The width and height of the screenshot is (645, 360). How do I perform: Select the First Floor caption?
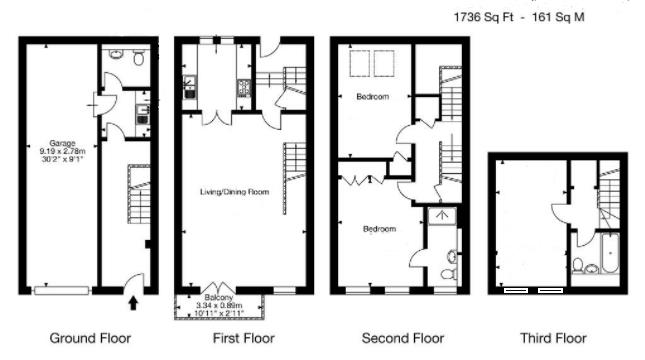click(x=243, y=338)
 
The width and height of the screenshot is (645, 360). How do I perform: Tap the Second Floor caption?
click(x=403, y=338)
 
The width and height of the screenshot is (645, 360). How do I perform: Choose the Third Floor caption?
click(x=553, y=338)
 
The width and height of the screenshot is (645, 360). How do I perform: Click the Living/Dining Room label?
click(x=236, y=189)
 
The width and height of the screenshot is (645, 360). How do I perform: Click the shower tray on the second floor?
click(x=441, y=215)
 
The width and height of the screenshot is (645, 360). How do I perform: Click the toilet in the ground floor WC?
click(x=137, y=59)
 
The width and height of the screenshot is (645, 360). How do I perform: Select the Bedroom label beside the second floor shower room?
click(x=379, y=229)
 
